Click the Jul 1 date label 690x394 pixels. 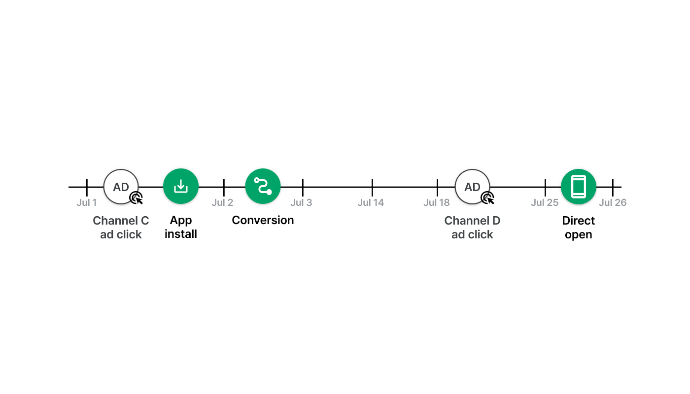pyautogui.click(x=87, y=202)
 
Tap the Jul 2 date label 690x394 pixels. pyautogui.click(x=222, y=202)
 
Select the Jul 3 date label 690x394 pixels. pyautogui.click(x=301, y=202)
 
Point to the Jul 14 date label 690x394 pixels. pyautogui.click(x=371, y=202)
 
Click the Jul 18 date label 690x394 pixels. pyautogui.click(x=437, y=202)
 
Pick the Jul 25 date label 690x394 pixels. pyautogui.click(x=545, y=202)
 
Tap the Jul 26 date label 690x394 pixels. pyautogui.click(x=613, y=202)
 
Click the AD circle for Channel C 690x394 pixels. pyautogui.click(x=121, y=187)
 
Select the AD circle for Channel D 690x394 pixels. pyautogui.click(x=472, y=187)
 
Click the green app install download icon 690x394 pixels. pyautogui.click(x=181, y=186)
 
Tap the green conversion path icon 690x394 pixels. pyautogui.click(x=263, y=186)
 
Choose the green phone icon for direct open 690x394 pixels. pyautogui.click(x=579, y=187)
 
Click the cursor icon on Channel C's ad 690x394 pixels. pyautogui.click(x=136, y=198)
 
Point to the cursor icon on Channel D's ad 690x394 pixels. pyautogui.click(x=487, y=198)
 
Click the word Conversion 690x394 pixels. pyautogui.click(x=263, y=221)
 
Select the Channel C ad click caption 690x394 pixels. pyautogui.click(x=121, y=228)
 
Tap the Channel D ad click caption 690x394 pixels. pyautogui.click(x=472, y=228)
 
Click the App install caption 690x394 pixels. pyautogui.click(x=181, y=227)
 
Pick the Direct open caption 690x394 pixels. pyautogui.click(x=579, y=228)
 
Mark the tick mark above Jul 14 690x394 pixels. pyautogui.click(x=372, y=188)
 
